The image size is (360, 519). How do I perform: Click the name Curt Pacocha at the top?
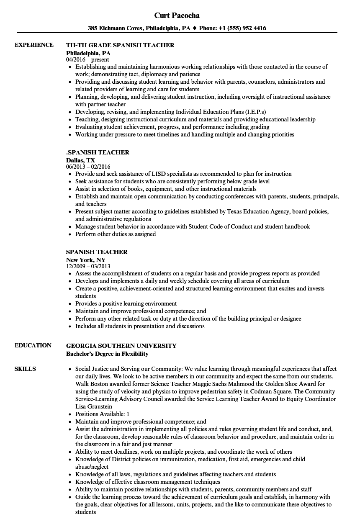pos(177,15)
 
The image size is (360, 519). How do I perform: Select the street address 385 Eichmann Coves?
pos(115,28)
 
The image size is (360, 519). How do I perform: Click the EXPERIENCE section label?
pos(34,45)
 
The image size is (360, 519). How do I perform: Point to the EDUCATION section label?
pos(33,345)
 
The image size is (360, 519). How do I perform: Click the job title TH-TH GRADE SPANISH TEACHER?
pos(120,45)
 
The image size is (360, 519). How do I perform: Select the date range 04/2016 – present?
pos(87,60)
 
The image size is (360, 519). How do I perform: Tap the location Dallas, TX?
pos(80,160)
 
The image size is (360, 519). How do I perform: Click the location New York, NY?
pos(86,260)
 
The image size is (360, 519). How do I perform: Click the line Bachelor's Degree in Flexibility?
pos(107,354)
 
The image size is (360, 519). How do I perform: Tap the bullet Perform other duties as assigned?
pos(116,234)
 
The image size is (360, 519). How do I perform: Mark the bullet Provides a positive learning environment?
pos(126,303)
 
